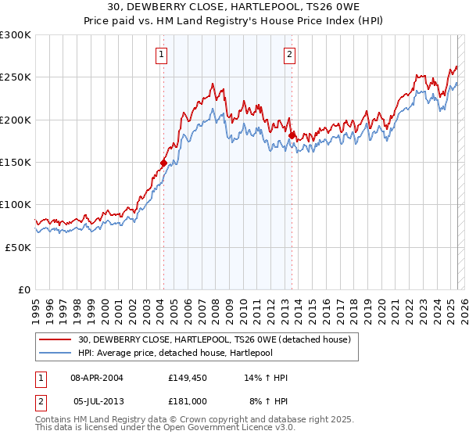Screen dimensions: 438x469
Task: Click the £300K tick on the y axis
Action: (16, 35)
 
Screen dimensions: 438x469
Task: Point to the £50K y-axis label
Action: (18, 247)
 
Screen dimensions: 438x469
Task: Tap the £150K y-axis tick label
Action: (16, 163)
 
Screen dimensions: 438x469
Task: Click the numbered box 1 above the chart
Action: (161, 55)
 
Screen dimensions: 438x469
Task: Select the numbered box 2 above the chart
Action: (289, 55)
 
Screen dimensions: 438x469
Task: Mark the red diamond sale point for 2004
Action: (163, 163)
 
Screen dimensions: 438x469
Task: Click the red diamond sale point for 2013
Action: (292, 136)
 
